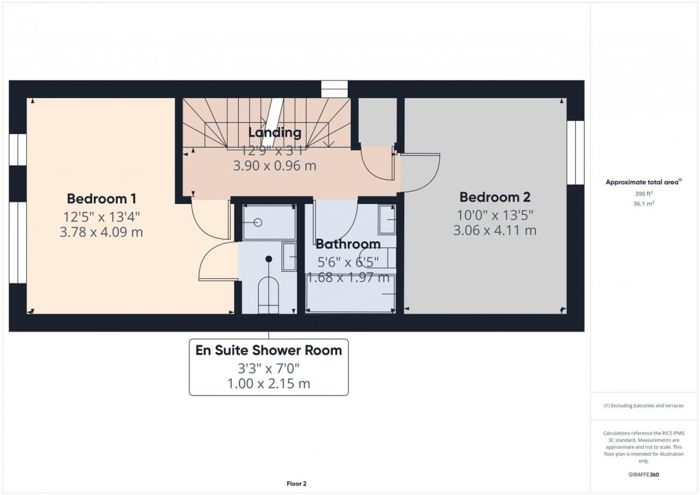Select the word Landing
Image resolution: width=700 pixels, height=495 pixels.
pos(275,133)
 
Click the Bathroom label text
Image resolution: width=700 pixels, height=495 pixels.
pos(348,244)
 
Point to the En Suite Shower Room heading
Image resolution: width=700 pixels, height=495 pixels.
pos(268,351)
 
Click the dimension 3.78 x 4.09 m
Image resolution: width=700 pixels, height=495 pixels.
pos(101,233)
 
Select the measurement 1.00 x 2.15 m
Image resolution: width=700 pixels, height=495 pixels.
pos(268,384)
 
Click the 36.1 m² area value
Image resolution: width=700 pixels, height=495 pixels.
pos(643,204)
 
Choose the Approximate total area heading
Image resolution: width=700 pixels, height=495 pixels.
pos(642,183)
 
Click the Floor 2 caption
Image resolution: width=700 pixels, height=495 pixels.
pos(296,484)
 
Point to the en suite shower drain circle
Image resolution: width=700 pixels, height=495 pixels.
pos(259,222)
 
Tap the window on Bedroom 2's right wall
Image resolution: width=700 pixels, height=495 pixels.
pos(575,152)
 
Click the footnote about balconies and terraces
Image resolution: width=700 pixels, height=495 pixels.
pos(643,406)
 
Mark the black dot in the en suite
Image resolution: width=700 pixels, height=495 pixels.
pos(269,259)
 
